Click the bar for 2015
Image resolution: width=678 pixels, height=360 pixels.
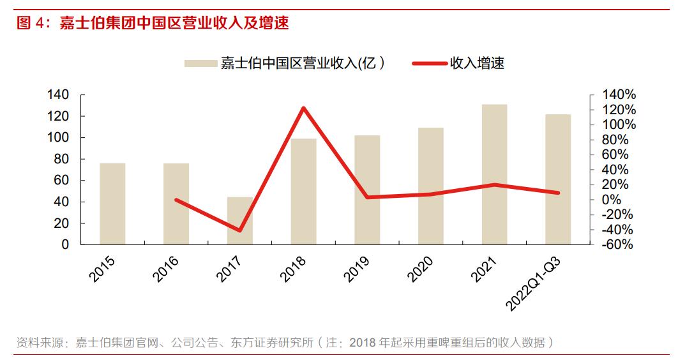[112, 204]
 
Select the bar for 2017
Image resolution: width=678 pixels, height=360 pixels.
[240, 221]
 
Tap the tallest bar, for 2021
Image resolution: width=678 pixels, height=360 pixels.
[495, 174]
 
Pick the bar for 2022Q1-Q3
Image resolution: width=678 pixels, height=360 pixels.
[558, 179]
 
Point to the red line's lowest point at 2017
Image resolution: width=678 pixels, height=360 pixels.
[240, 230]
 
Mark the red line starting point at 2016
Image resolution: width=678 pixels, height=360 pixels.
[176, 200]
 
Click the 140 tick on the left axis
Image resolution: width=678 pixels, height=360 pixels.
[57, 95]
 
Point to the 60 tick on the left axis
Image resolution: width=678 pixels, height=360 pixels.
[61, 181]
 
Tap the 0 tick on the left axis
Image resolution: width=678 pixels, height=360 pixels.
[64, 244]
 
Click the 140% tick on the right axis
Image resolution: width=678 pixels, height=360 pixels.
[617, 95]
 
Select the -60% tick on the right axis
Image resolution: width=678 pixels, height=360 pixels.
[617, 244]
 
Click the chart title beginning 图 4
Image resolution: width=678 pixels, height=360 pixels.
[153, 24]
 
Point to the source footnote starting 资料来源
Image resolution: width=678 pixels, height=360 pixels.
[285, 343]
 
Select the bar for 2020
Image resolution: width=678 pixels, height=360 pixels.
[431, 186]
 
